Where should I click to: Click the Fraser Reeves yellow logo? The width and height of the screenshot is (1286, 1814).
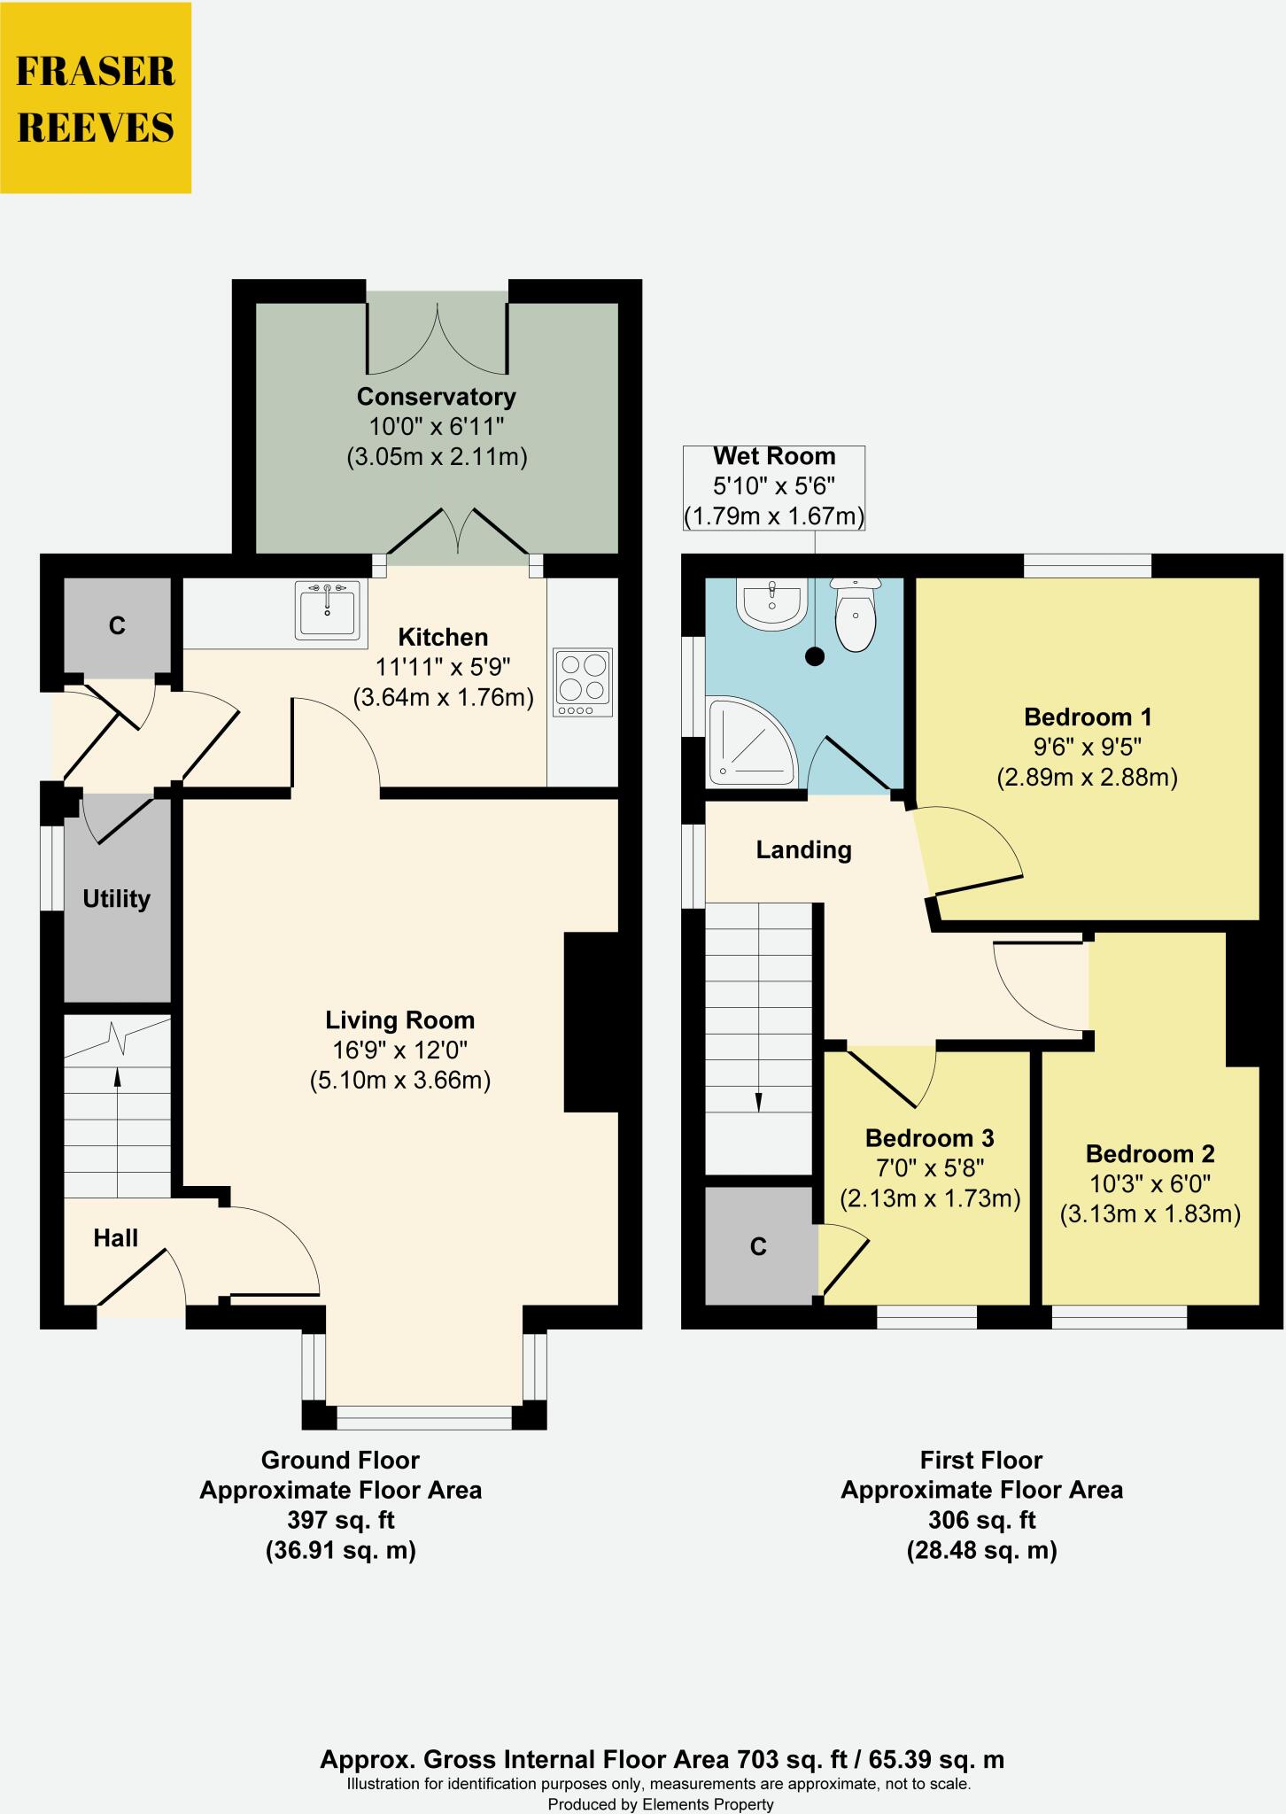pyautogui.click(x=96, y=97)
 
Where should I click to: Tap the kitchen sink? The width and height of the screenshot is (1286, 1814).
pyautogui.click(x=329, y=610)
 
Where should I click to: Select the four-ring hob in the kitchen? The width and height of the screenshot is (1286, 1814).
pyautogui.click(x=583, y=681)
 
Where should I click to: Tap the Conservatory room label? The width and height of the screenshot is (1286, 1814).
pyautogui.click(x=436, y=396)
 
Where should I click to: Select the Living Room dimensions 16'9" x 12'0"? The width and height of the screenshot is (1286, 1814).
pyautogui.click(x=399, y=1050)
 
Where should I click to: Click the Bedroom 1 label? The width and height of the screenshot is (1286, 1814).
pyautogui.click(x=1088, y=717)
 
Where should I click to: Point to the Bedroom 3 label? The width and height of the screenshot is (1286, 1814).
pyautogui.click(x=929, y=1137)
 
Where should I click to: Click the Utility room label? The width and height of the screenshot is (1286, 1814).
pyautogui.click(x=116, y=899)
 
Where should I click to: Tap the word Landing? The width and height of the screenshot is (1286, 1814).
pyautogui.click(x=803, y=850)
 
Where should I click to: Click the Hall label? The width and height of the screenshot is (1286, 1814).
pyautogui.click(x=116, y=1237)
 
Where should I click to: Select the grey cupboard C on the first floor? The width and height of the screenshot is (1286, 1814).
pyautogui.click(x=758, y=1246)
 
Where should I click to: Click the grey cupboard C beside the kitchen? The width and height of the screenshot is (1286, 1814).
pyautogui.click(x=117, y=625)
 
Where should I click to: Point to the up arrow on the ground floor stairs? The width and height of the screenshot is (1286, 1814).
pyautogui.click(x=117, y=1076)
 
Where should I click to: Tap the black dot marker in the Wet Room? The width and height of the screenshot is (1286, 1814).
pyautogui.click(x=815, y=656)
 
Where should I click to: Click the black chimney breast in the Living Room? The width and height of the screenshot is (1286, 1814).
pyautogui.click(x=591, y=1021)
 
